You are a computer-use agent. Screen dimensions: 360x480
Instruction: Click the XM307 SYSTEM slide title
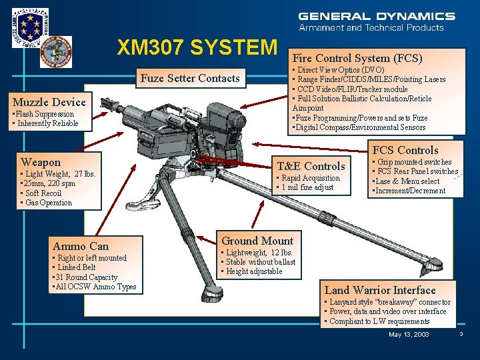(197, 47)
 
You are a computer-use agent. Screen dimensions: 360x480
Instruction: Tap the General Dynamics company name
(377, 16)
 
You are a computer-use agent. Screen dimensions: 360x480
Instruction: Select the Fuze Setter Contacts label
(190, 78)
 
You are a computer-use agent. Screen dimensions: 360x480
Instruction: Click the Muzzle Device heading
(49, 102)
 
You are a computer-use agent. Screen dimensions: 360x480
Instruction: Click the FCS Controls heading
(405, 150)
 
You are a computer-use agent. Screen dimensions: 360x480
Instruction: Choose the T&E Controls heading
(311, 166)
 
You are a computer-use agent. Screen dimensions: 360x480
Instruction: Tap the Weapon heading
(41, 162)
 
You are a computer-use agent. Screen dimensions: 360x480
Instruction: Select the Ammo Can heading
(81, 246)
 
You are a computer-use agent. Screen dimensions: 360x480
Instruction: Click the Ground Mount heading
(257, 241)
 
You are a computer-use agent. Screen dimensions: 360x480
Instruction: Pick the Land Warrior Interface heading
(380, 290)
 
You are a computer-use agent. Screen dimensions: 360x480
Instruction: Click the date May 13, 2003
(409, 334)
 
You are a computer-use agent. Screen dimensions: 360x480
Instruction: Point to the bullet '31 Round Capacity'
(85, 277)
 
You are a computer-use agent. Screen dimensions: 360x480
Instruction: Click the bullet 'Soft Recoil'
(41, 193)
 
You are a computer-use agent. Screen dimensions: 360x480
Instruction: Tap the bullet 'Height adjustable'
(253, 271)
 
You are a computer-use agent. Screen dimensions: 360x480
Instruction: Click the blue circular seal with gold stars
(30, 27)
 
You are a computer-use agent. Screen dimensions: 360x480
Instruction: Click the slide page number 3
(461, 334)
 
